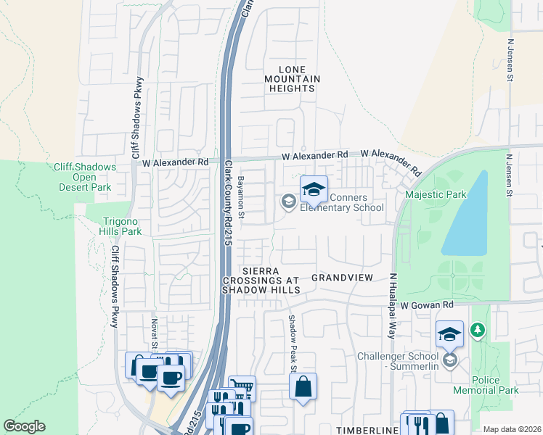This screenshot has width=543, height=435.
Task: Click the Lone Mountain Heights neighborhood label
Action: point(292,78)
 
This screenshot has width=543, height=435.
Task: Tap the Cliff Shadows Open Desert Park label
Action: point(85,177)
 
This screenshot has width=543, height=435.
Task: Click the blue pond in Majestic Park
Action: point(465,214)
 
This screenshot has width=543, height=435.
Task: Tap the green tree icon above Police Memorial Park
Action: point(477,331)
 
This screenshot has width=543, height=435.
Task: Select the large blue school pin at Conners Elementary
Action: point(314,191)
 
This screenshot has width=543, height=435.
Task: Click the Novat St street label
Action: point(154,334)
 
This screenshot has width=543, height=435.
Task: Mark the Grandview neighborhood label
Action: point(341,278)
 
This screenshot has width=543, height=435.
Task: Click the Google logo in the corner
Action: point(25,426)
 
